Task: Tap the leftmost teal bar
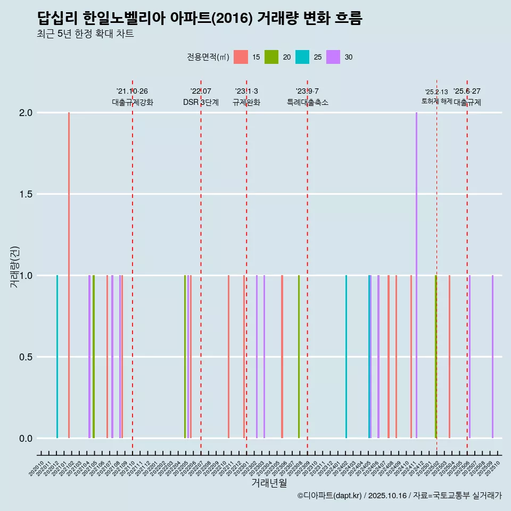[57, 357]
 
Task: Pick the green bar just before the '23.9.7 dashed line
[299, 357]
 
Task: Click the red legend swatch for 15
[241, 57]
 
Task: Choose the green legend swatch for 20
[271, 57]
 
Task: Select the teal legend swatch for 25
[302, 57]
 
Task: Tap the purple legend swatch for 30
[333, 57]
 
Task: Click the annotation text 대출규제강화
[133, 102]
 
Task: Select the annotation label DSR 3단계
[201, 102]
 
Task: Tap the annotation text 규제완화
[246, 102]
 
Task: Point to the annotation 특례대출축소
[308, 102]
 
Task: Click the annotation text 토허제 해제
[437, 101]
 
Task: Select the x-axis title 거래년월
[269, 483]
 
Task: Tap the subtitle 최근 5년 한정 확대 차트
[85, 34]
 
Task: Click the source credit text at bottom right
[399, 496]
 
